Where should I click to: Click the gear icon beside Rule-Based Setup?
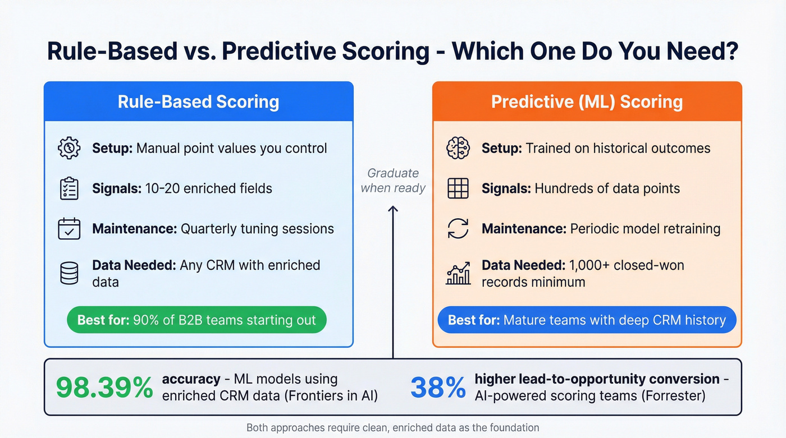69,148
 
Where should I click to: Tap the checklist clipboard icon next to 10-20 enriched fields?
69,188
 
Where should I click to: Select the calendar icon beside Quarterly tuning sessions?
69,229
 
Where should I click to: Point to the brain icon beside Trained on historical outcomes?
458,148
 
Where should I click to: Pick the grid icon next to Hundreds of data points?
458,188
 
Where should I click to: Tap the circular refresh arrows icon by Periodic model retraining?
458,229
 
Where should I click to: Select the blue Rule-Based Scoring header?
198,102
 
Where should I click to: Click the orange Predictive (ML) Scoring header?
587,102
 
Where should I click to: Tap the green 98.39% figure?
104,388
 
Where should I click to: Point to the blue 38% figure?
438,388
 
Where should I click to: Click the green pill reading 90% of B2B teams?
196,320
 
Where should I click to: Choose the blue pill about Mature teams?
587,320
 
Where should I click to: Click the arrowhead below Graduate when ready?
393,209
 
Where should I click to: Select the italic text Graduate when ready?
393,181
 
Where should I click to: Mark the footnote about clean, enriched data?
392,428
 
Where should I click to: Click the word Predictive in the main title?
326,52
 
